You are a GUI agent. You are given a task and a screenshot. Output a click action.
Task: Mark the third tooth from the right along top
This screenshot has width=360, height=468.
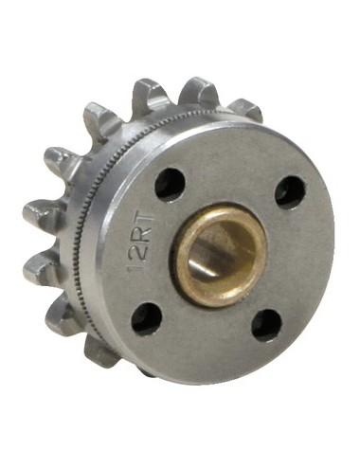click(x=153, y=95)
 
